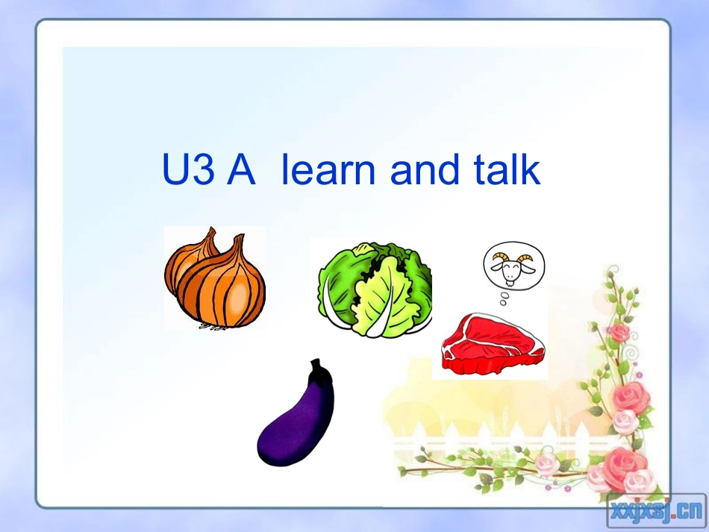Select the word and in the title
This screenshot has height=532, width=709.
[x=422, y=171]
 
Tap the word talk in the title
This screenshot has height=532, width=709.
[x=507, y=171]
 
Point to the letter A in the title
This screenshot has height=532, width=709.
[x=240, y=171]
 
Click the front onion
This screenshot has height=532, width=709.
[x=224, y=287]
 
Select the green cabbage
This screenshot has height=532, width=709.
[x=375, y=289]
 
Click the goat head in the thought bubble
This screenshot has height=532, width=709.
[x=513, y=266]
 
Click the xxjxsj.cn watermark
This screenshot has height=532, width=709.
[x=655, y=511]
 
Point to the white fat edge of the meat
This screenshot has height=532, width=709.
[x=493, y=366]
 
